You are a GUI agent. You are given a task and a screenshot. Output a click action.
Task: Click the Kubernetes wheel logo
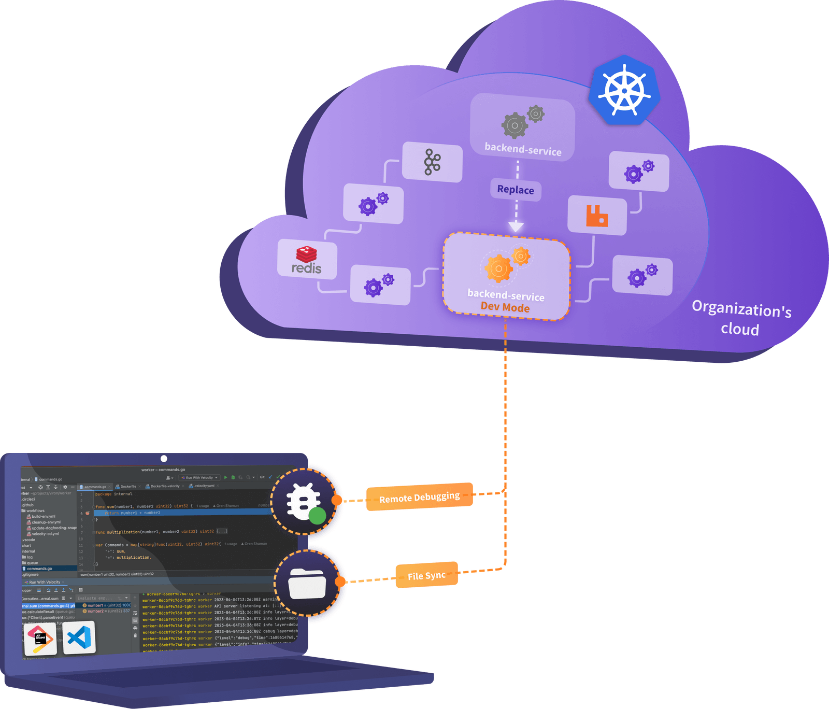[x=624, y=90]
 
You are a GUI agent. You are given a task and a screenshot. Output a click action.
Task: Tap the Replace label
[x=516, y=190]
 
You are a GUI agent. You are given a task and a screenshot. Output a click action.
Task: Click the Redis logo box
[x=307, y=260]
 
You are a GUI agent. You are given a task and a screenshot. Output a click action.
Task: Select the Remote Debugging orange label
[x=419, y=498]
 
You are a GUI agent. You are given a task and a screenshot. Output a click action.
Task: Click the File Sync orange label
[x=426, y=575]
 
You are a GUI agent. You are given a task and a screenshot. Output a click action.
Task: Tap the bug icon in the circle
[x=304, y=501]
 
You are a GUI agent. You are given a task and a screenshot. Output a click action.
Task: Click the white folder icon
[x=307, y=583]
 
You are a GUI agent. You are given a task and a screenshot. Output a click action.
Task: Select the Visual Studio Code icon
[x=79, y=637]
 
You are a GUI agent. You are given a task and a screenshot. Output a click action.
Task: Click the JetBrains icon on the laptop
[x=40, y=638]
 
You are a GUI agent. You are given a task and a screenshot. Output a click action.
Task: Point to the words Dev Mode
[x=505, y=307]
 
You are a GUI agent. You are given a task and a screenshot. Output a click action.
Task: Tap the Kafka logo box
[x=432, y=162]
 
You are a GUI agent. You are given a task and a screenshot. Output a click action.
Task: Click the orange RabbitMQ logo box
[x=597, y=216]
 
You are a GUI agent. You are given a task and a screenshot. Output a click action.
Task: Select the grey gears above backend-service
[x=521, y=121]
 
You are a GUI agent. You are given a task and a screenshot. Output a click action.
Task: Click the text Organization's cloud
[x=741, y=318]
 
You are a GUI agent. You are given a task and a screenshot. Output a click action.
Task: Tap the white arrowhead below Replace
[x=516, y=226]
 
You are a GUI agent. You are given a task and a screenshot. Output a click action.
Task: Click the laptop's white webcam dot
[x=164, y=459]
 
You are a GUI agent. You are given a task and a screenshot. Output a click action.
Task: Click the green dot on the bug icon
[x=317, y=516]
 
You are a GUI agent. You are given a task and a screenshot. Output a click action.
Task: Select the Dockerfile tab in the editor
[x=127, y=487]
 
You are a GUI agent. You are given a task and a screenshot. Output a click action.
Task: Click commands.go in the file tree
[x=39, y=569]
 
